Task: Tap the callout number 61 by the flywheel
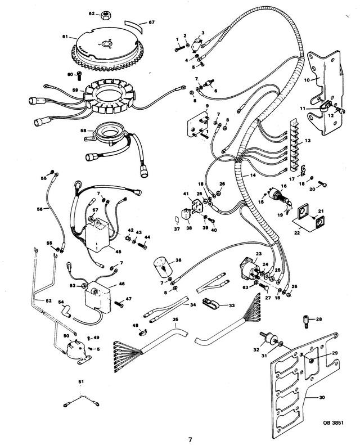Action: (65, 37)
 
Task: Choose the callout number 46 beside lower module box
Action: (121, 286)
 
